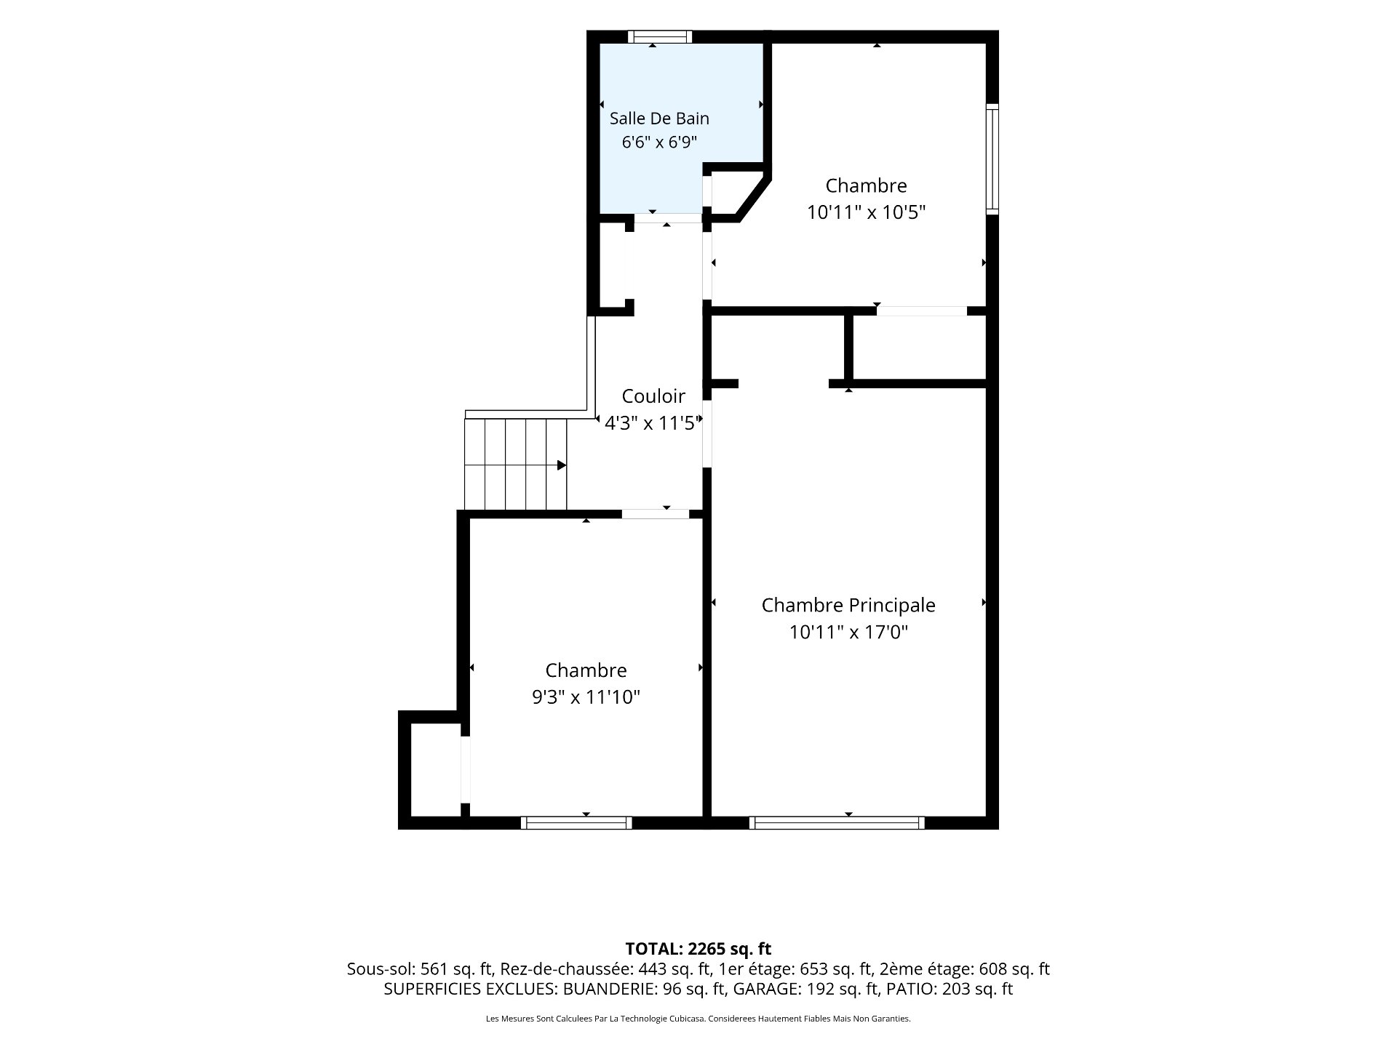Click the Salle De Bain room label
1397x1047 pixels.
click(x=659, y=119)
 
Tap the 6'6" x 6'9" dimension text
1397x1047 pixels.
click(x=659, y=143)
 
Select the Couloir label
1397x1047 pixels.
click(x=653, y=396)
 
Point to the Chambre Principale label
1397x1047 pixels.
click(x=848, y=605)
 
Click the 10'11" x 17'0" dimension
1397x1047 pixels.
click(x=848, y=633)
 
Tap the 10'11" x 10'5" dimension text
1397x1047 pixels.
click(x=866, y=212)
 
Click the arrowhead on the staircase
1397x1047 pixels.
click(x=562, y=465)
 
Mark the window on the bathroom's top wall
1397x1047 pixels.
click(x=660, y=36)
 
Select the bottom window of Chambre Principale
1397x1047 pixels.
click(x=837, y=823)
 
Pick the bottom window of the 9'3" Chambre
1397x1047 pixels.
click(x=576, y=823)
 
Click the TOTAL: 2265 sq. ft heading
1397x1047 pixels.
click(x=698, y=949)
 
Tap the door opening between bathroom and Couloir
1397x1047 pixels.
click(x=667, y=218)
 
